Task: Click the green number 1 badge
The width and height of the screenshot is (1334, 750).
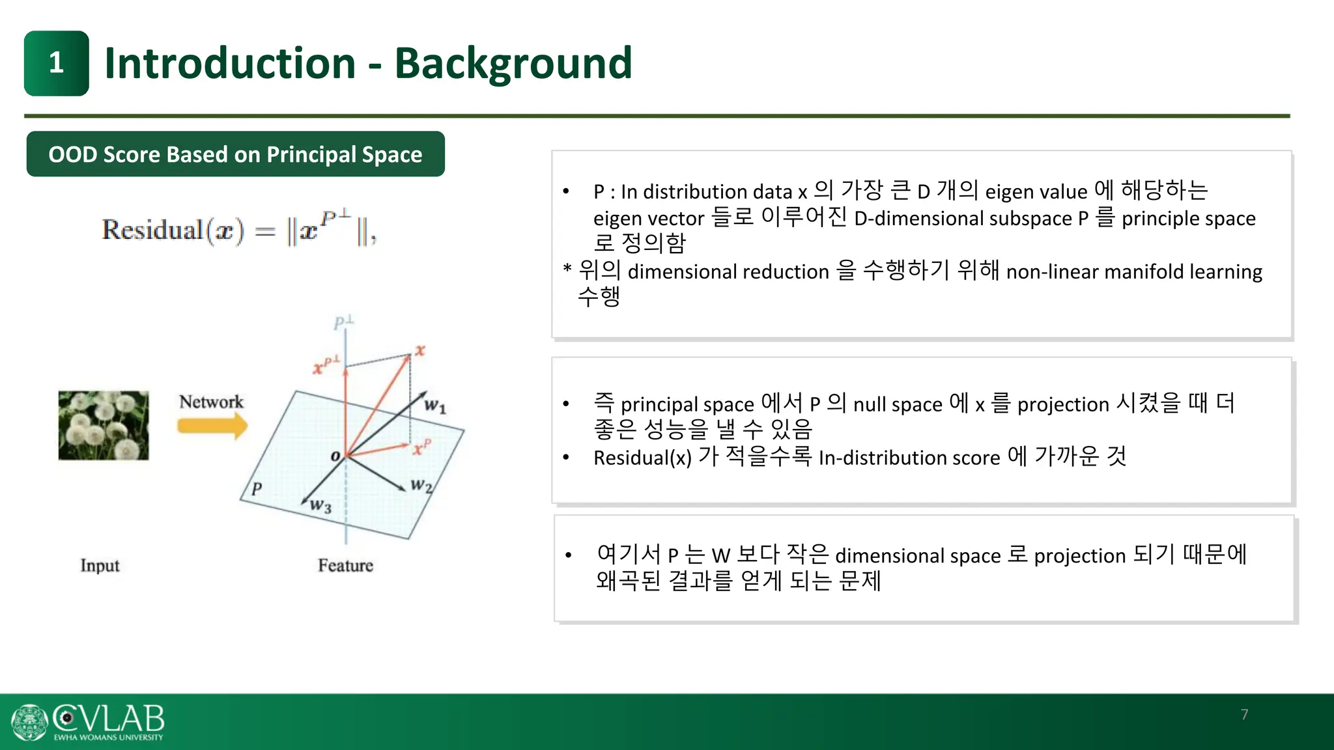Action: [57, 63]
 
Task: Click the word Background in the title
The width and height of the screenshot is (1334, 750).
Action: [513, 63]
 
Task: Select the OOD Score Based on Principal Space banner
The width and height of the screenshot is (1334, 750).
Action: [235, 154]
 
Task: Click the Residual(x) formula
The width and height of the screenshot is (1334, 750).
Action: [238, 230]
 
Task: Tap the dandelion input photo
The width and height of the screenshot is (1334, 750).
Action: [104, 425]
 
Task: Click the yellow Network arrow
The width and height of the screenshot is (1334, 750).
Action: [212, 426]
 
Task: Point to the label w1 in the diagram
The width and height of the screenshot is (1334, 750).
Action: [434, 406]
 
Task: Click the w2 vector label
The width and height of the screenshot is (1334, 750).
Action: [421, 486]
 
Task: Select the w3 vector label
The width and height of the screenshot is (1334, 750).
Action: [320, 505]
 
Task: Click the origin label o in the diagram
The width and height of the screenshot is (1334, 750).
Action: [335, 456]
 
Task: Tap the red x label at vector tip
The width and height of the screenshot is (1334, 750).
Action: [420, 350]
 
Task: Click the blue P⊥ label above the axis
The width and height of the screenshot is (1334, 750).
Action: [343, 322]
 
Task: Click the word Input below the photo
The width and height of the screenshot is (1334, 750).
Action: [100, 565]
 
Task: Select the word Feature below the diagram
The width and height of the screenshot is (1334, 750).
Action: [345, 565]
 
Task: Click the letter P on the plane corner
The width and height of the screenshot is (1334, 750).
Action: [257, 488]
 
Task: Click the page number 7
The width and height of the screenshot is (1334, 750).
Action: [1244, 714]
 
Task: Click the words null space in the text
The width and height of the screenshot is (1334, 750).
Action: [898, 404]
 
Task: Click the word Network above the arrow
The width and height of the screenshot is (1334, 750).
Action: [211, 402]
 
